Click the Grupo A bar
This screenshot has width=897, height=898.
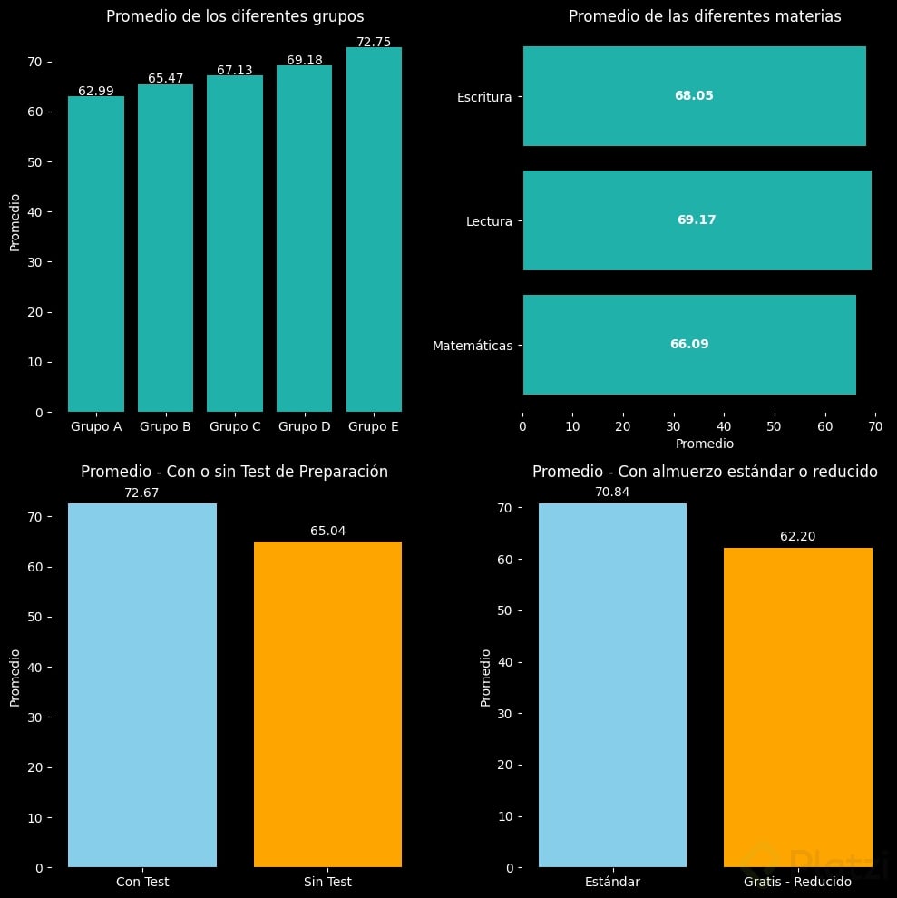(96, 254)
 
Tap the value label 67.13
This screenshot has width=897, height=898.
(235, 70)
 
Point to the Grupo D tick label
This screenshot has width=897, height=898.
(304, 426)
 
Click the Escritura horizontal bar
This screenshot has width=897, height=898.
(694, 96)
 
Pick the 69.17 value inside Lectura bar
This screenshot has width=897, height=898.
(697, 220)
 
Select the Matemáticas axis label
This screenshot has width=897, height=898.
(473, 346)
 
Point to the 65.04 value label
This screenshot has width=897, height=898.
(328, 531)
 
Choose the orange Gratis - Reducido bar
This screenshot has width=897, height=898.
(797, 708)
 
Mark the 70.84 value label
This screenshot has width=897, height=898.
(612, 493)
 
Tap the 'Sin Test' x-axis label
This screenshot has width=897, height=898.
(327, 882)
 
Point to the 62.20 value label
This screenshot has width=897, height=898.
(797, 537)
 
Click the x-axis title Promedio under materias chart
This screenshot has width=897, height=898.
(705, 444)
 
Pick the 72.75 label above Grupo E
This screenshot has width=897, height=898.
(374, 42)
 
